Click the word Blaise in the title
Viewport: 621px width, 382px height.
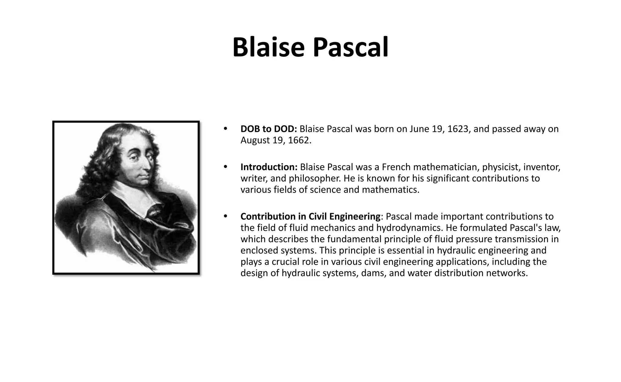pyautogui.click(x=268, y=48)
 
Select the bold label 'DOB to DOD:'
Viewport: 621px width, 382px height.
pyautogui.click(x=269, y=129)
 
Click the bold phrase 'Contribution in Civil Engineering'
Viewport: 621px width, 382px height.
pyautogui.click(x=310, y=216)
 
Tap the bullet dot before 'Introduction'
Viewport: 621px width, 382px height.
pyautogui.click(x=225, y=167)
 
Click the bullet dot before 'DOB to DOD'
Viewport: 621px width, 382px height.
pyautogui.click(x=225, y=129)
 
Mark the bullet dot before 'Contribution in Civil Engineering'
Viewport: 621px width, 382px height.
pyautogui.click(x=225, y=216)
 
